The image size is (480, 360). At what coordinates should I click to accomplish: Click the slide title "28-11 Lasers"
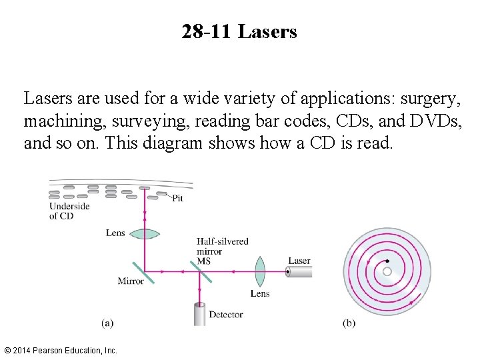(x=239, y=31)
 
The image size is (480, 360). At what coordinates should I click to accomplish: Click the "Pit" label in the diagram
(x=178, y=198)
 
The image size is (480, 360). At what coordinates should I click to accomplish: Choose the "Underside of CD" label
(x=69, y=211)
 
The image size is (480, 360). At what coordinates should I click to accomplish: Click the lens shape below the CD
(x=145, y=233)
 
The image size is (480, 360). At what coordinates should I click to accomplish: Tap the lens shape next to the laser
(x=259, y=272)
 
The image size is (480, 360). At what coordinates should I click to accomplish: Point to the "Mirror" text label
(x=131, y=281)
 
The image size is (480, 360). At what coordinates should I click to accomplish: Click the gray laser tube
(x=299, y=272)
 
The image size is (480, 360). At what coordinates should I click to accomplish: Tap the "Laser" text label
(x=299, y=261)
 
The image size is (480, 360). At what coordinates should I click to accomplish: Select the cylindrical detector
(x=199, y=313)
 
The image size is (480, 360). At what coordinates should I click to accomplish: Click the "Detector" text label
(x=225, y=315)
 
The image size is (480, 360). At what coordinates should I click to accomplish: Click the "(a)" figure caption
(x=107, y=323)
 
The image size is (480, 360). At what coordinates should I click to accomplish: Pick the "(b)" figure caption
(x=349, y=323)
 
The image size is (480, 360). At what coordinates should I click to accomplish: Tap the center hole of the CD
(x=387, y=271)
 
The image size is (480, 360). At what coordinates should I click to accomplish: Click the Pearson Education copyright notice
(x=60, y=350)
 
